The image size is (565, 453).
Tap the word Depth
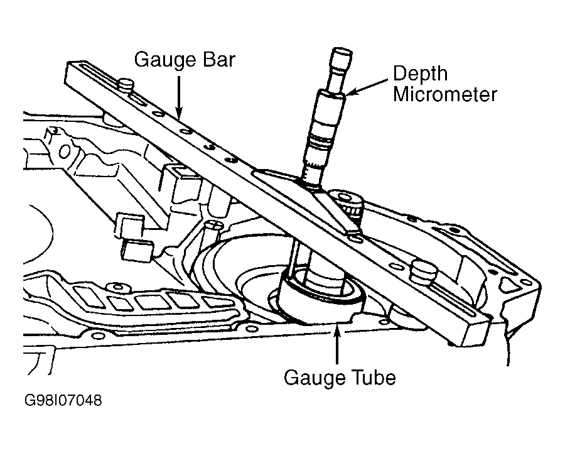tap(420, 74)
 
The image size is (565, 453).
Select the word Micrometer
tap(445, 94)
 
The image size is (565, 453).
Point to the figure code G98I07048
tap(63, 400)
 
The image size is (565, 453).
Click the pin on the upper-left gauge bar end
tap(126, 86)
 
